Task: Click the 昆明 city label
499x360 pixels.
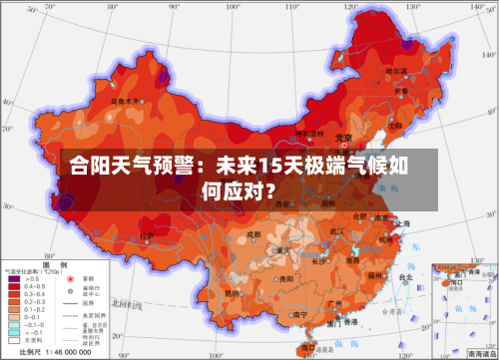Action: click(232, 293)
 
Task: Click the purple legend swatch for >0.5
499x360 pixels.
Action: click(15, 278)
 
